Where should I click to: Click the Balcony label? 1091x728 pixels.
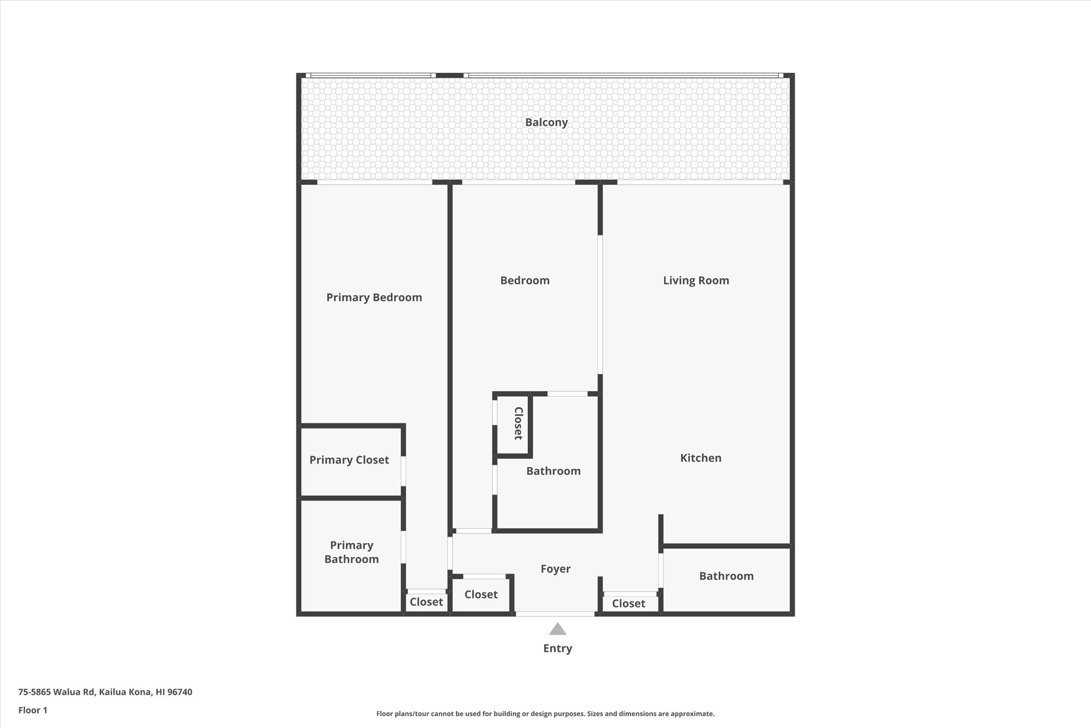(x=546, y=122)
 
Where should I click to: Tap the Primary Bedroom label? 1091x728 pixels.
(x=374, y=297)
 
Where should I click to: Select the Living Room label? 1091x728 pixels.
(x=696, y=280)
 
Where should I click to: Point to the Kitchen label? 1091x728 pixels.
(x=700, y=458)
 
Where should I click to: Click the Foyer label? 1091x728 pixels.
(x=555, y=569)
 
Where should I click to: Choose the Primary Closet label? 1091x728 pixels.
(x=349, y=460)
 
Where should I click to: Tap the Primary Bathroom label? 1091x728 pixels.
(x=351, y=552)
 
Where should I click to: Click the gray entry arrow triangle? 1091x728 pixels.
(x=557, y=629)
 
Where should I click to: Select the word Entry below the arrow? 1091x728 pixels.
(x=557, y=648)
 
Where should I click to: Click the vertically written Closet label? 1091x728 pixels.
(x=518, y=423)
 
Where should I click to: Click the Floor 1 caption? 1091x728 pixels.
(x=33, y=710)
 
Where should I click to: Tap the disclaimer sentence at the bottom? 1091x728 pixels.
(x=545, y=714)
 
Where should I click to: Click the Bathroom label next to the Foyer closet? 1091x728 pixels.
(x=726, y=576)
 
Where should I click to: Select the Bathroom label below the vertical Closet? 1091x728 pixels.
(x=553, y=471)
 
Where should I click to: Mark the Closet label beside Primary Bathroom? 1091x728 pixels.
(x=426, y=602)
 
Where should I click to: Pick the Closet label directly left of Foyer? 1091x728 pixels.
(x=481, y=595)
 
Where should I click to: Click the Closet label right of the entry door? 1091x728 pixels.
(x=628, y=603)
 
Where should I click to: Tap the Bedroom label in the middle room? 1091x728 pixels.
(x=525, y=280)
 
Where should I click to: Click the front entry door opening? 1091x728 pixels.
(x=555, y=614)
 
